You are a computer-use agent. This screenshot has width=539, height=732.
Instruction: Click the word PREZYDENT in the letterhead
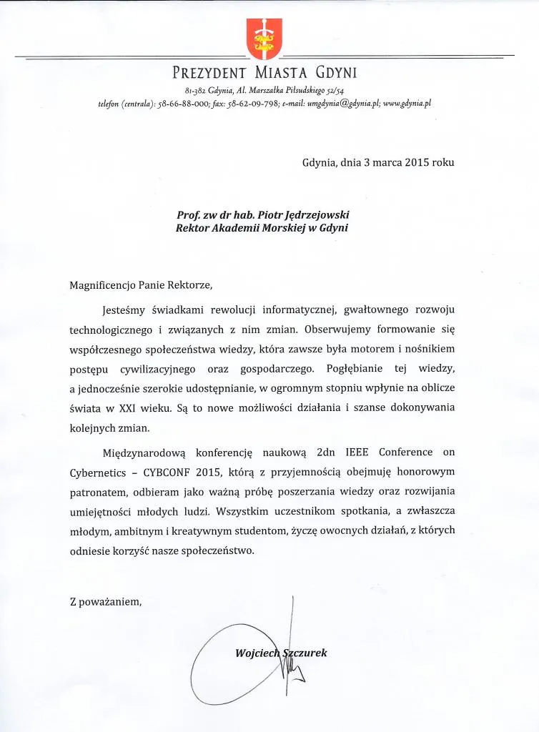[x=210, y=72]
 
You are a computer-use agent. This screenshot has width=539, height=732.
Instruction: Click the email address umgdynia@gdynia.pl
[x=337, y=103]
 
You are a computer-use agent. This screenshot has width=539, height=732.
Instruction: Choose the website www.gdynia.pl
[x=406, y=103]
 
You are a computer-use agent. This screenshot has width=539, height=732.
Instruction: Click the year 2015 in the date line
[x=410, y=162]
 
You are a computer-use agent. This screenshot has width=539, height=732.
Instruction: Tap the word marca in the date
[x=377, y=162]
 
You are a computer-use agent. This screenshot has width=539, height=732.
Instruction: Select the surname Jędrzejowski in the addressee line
[x=319, y=214]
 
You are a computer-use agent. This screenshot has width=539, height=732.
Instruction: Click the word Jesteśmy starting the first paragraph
[x=127, y=312]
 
